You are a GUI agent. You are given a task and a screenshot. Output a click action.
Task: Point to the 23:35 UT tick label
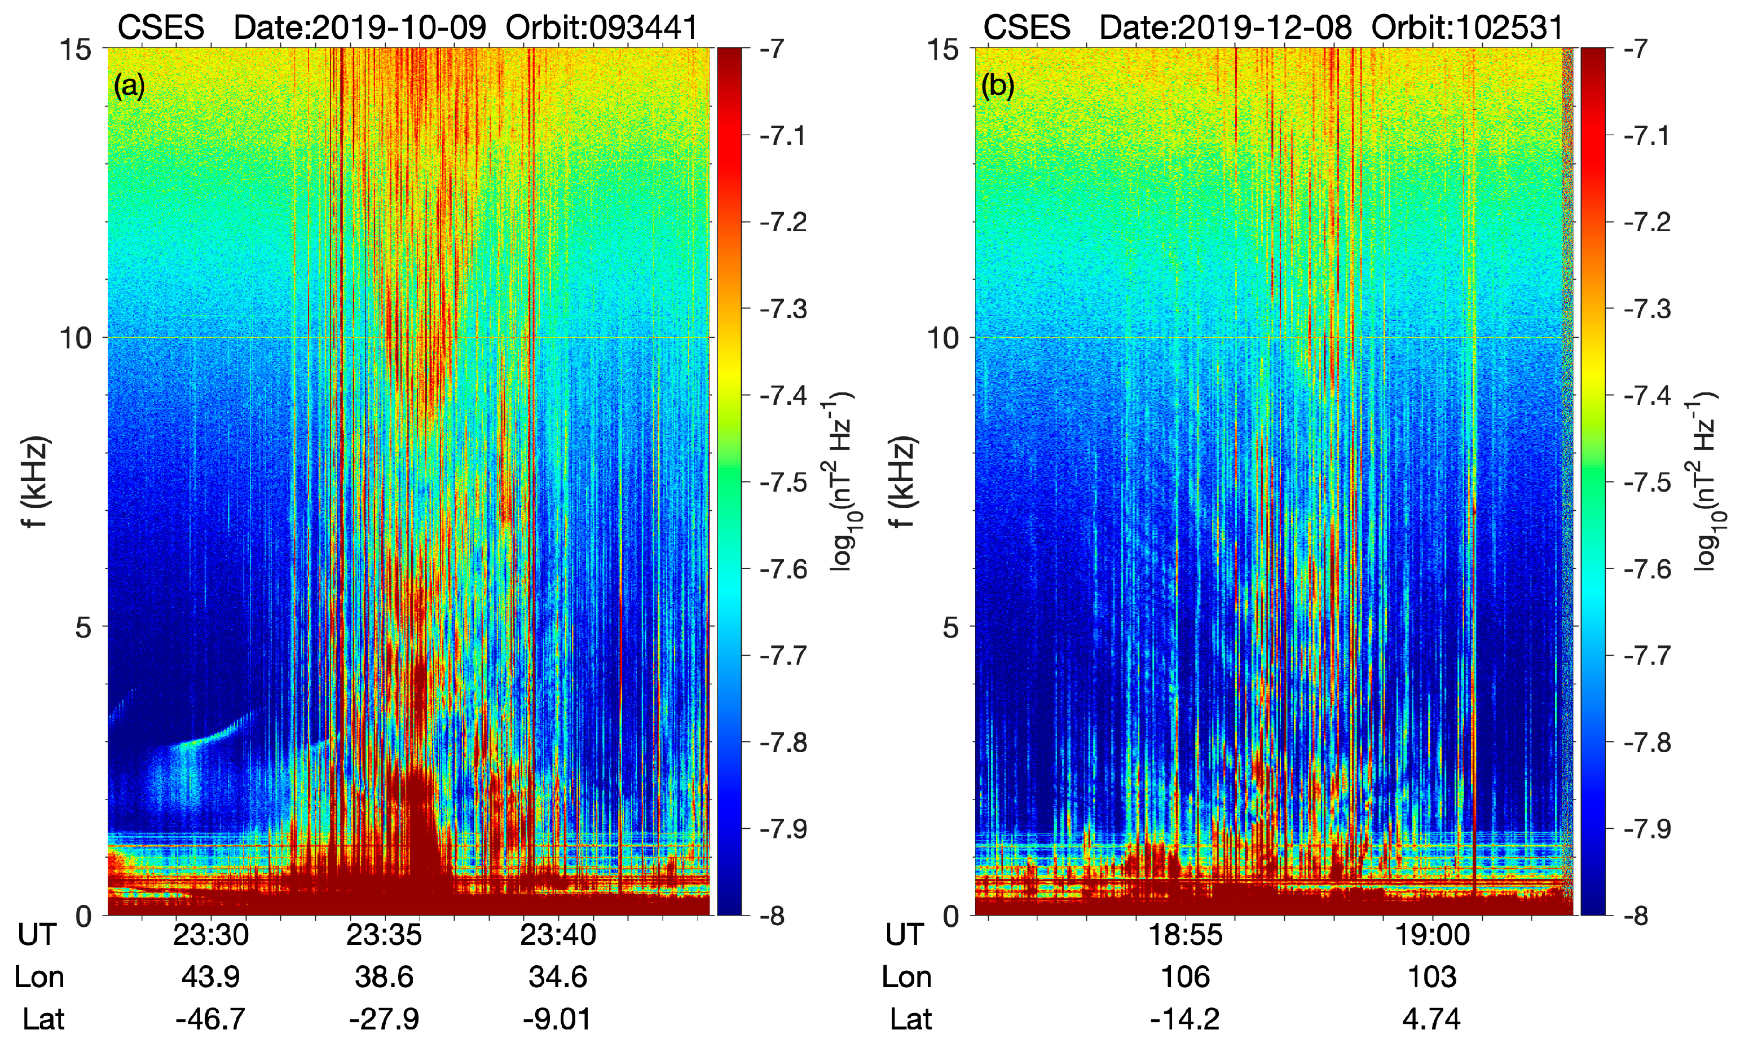tap(384, 935)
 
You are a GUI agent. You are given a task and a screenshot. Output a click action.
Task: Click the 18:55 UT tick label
tap(1186, 935)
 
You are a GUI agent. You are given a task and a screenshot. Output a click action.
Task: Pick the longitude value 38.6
tap(384, 977)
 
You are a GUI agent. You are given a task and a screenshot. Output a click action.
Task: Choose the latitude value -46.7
tap(210, 1018)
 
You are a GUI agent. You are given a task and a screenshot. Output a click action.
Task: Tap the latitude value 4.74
tap(1431, 1018)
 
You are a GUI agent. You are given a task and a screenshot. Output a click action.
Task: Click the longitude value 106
tap(1186, 977)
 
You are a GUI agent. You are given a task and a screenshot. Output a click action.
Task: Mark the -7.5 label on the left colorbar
tap(782, 483)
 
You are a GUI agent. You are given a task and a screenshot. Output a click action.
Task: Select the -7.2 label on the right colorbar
tap(1646, 222)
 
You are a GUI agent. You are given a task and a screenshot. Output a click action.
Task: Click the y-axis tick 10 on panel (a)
tap(75, 338)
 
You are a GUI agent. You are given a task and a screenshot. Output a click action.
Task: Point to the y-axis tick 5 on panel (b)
tap(950, 627)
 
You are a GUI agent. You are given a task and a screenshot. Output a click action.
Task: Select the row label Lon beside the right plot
tap(906, 977)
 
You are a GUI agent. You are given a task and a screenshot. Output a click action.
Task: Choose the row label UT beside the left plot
tap(37, 935)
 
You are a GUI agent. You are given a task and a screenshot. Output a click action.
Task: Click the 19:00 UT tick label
tap(1431, 935)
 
